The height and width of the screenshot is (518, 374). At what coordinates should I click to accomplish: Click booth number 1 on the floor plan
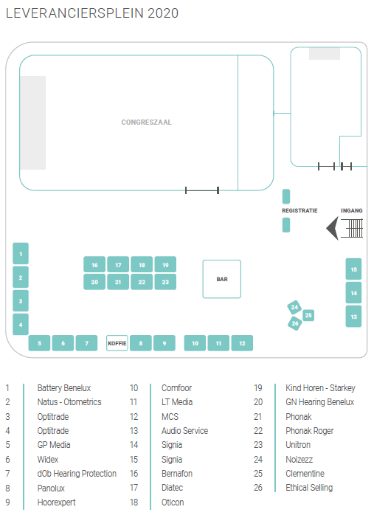[x=21, y=253]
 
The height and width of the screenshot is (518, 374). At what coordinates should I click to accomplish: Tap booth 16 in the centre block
[x=94, y=264]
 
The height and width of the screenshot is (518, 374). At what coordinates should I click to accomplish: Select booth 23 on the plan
[x=165, y=282]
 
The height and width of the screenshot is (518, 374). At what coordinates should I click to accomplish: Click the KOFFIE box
[x=117, y=343]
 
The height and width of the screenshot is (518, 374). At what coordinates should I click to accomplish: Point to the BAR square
[x=222, y=279]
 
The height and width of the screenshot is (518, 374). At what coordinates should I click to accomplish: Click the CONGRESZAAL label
[x=146, y=122]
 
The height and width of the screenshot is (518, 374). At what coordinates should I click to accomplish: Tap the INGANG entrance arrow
[x=333, y=228]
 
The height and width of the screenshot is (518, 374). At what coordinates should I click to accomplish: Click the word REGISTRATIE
[x=299, y=210]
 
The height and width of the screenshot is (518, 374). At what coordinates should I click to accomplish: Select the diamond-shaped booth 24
[x=294, y=307]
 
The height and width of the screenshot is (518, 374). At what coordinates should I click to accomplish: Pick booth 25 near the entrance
[x=308, y=315]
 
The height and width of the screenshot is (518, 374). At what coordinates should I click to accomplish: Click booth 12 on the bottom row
[x=242, y=343]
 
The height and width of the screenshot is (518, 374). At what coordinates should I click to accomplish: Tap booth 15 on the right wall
[x=353, y=269]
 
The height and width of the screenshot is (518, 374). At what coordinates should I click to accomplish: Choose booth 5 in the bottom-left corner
[x=39, y=343]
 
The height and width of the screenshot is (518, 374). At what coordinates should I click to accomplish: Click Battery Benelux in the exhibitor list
[x=64, y=388]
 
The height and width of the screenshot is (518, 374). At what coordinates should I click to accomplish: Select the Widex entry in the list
[x=48, y=459]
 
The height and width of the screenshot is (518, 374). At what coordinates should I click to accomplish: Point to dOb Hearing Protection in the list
[x=77, y=474]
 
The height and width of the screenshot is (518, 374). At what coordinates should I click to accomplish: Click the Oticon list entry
[x=173, y=503]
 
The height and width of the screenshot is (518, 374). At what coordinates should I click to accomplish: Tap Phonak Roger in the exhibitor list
[x=310, y=431]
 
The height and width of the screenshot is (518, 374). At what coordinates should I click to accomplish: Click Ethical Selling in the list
[x=309, y=488]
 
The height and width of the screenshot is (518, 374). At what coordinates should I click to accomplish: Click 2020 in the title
[x=163, y=13]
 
